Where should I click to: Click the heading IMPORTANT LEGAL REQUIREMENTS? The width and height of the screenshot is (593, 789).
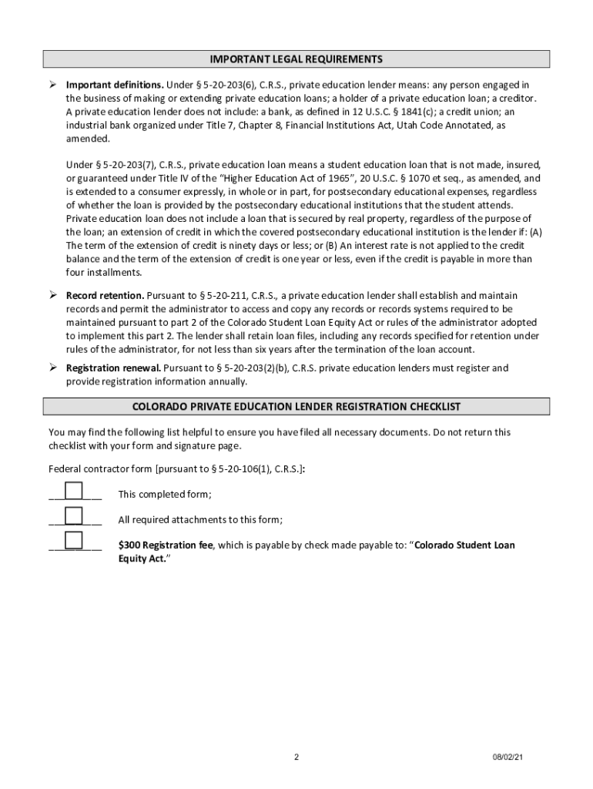coord(296,59)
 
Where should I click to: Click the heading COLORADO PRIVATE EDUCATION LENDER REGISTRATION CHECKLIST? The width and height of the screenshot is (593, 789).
coord(296,407)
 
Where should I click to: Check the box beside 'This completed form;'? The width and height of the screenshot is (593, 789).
coord(74,492)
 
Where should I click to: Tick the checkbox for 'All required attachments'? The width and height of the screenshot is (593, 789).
coord(74,516)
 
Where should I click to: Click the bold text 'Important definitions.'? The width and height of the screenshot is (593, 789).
coord(115,85)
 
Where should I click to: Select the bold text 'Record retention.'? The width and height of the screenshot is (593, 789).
coord(105,296)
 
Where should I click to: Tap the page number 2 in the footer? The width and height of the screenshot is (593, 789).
coord(296,757)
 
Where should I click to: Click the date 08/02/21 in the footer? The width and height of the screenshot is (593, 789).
coord(509,757)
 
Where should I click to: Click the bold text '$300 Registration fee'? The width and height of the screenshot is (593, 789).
coord(165,546)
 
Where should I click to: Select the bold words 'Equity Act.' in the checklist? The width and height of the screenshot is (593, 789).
coord(142,559)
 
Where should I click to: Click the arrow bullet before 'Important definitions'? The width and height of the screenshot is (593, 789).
coord(54,84)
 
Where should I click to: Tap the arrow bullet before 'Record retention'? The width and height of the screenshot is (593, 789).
coord(54,295)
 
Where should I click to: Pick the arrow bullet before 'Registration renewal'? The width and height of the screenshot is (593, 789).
coord(54,368)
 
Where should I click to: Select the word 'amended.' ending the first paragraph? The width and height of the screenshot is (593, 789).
coord(88,139)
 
